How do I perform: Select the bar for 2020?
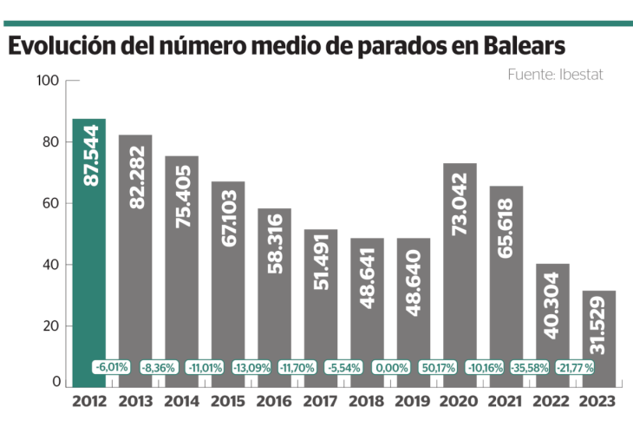coord(460,278)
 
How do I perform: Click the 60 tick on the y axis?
coord(49,203)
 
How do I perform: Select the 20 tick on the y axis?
coord(49,325)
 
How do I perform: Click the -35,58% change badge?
coord(529,367)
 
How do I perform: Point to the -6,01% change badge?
coord(112,367)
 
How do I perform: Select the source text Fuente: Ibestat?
coord(555,75)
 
